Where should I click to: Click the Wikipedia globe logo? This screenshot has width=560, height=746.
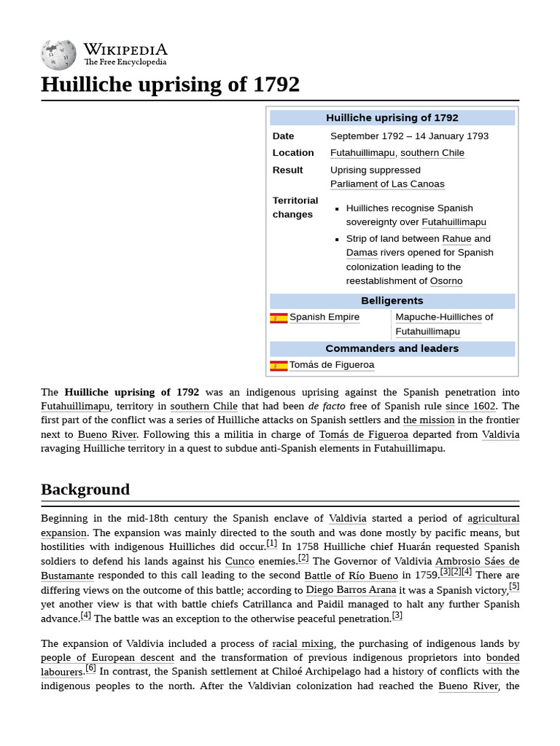pos(58,55)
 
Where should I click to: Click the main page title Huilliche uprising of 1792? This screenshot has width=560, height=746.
pos(170,85)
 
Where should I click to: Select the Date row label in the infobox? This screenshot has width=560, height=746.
pos(284,136)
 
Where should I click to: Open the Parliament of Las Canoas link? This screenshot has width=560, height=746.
pos(386,184)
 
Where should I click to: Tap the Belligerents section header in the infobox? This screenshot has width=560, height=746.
pos(392,301)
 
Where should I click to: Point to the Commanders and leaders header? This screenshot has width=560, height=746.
pos(392,349)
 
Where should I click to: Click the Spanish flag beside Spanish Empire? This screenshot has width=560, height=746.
pos(279,318)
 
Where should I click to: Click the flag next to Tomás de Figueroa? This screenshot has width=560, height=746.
pos(279,366)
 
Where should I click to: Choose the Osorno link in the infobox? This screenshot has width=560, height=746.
pos(446,281)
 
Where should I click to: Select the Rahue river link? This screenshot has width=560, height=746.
pos(456,239)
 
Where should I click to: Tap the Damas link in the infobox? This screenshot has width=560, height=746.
pos(362,253)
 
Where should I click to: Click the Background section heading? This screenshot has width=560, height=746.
pos(85,490)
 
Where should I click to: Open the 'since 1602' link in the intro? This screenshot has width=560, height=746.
pos(470,407)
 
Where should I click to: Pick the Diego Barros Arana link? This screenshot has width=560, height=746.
pos(351,590)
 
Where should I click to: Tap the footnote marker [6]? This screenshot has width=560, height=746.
pos(90,668)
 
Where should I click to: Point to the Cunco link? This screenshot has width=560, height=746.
pos(239,562)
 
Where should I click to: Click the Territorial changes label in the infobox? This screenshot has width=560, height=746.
pos(295,208)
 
